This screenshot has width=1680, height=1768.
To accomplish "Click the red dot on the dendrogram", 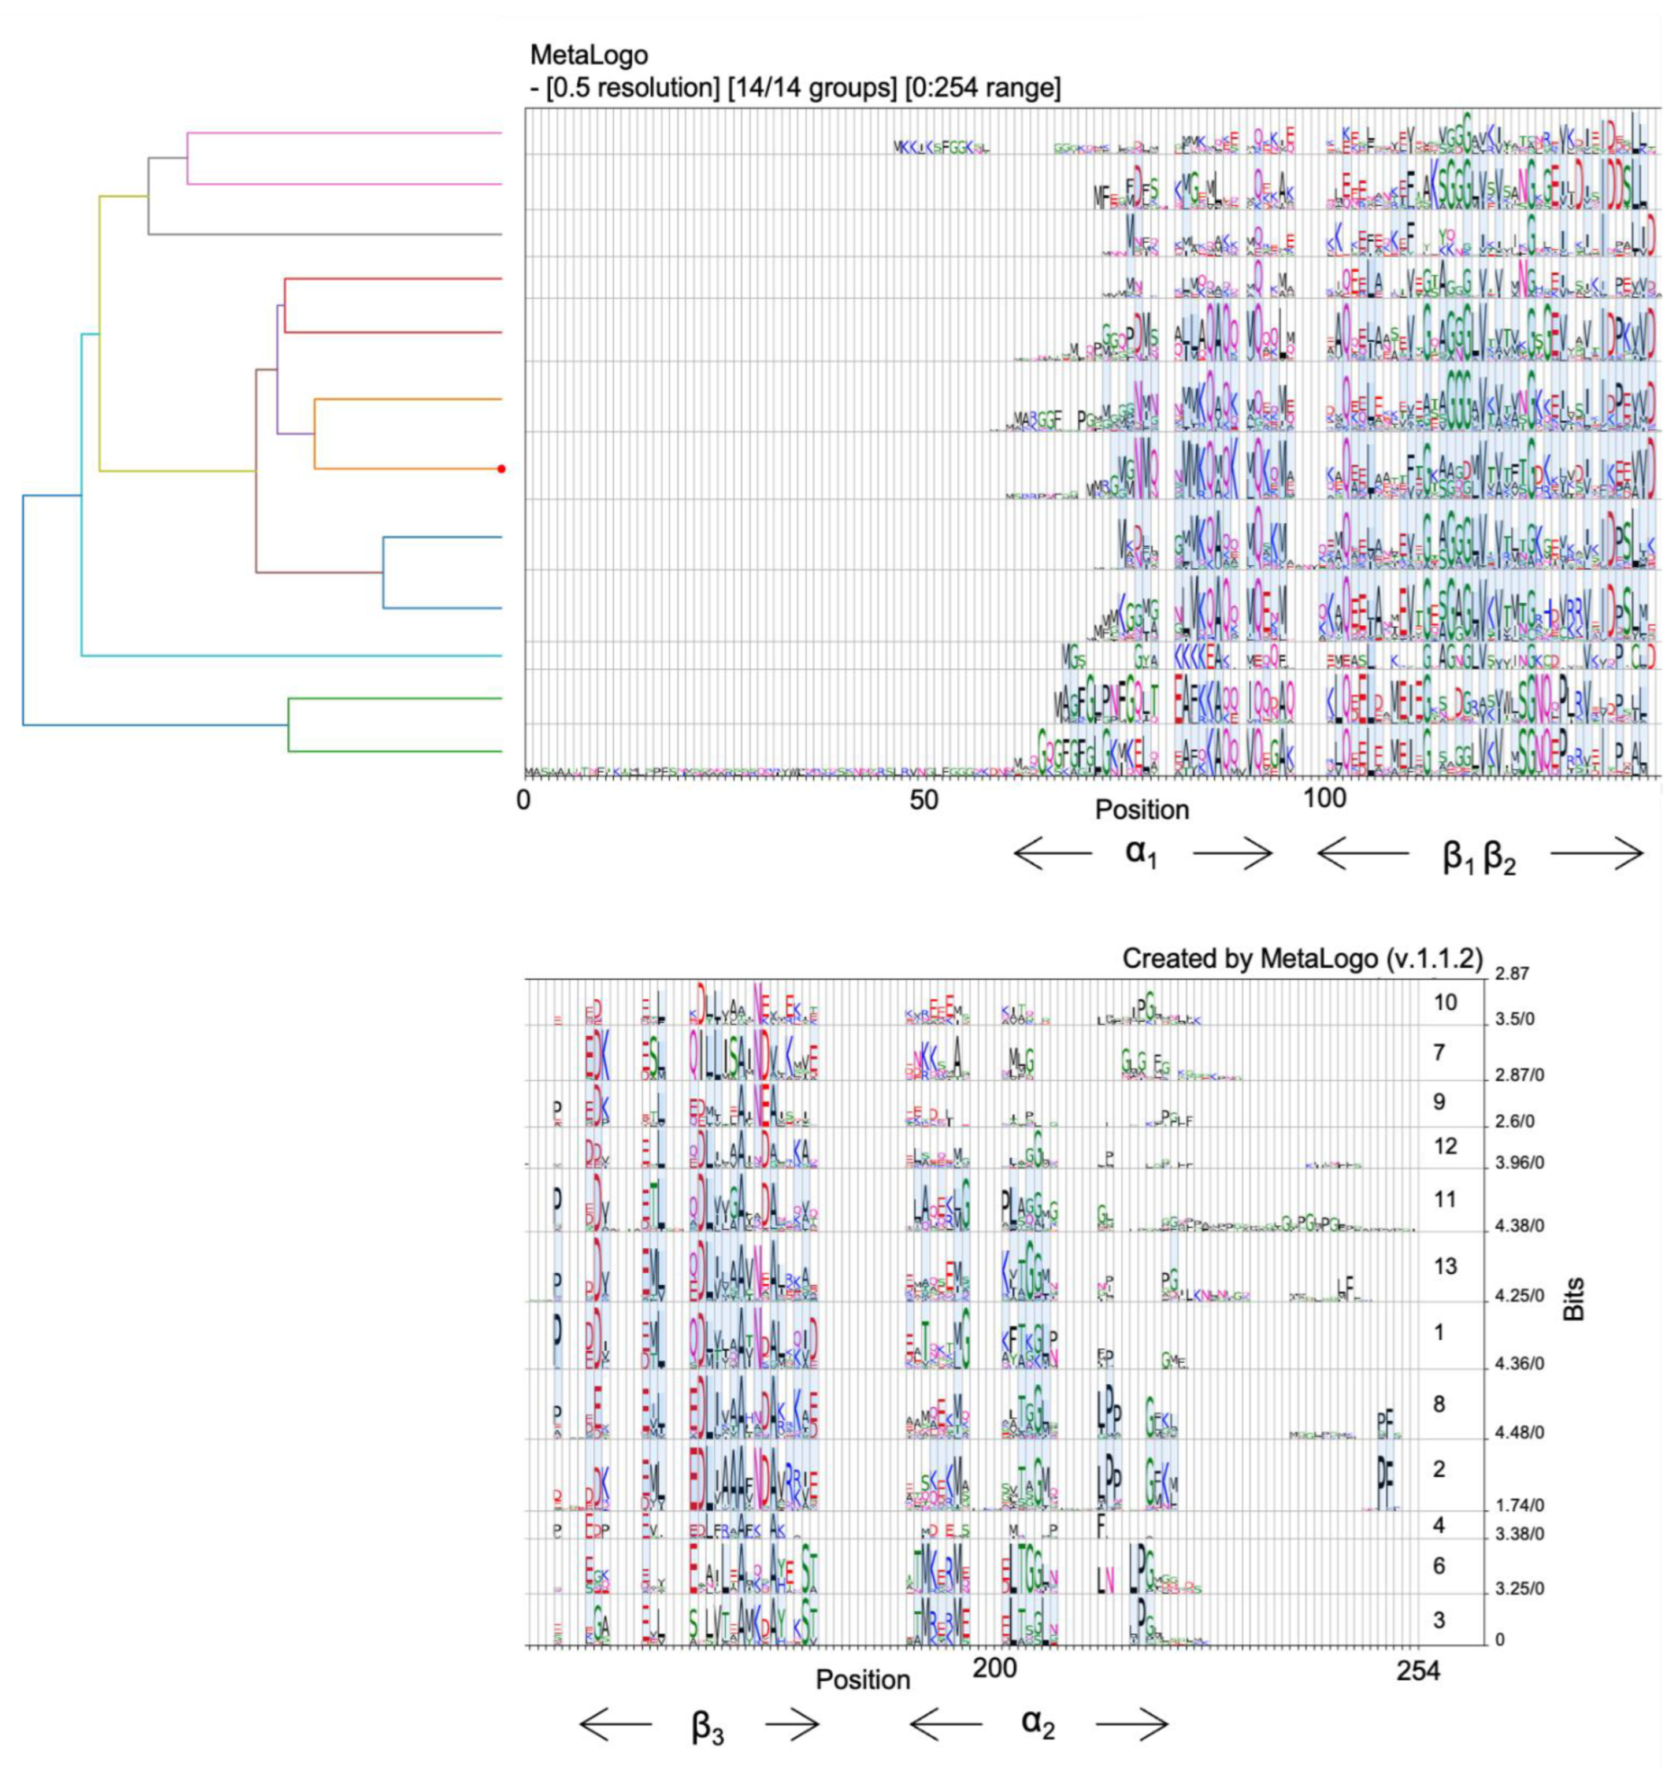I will pos(502,468).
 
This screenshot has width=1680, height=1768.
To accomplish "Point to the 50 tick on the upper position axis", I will pos(924,800).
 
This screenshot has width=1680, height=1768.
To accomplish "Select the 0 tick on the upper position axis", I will pos(524,800).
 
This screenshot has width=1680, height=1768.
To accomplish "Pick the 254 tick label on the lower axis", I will pos(1418,1670).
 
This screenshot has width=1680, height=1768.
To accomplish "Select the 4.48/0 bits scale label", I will pos(1520,1433).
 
